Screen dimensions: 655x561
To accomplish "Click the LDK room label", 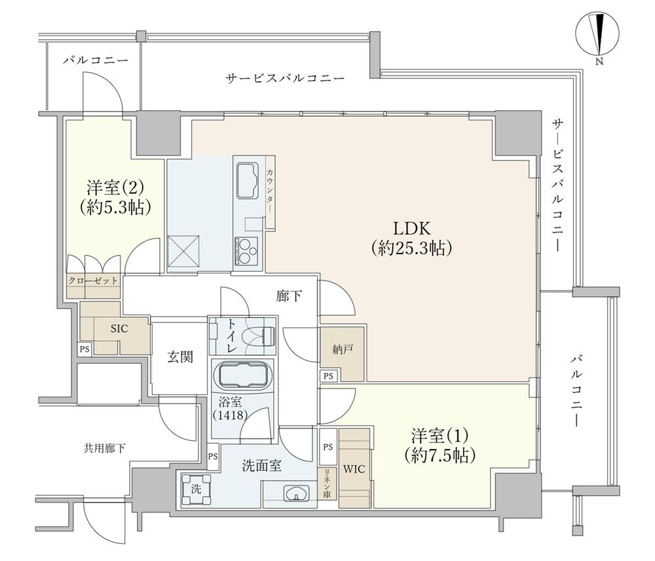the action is coord(411,229).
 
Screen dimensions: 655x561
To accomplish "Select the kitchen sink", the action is coord(247,180).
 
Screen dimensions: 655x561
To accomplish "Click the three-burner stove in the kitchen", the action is coord(246,250).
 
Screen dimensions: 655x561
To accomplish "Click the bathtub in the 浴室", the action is coord(242,376).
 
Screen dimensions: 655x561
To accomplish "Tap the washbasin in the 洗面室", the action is coord(296,493).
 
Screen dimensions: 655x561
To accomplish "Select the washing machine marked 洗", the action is coord(196,490).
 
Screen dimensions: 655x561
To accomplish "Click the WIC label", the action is coord(354,469).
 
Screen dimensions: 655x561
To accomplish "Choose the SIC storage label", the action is coord(119,329).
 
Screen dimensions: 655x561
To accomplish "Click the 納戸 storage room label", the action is coord(341,349).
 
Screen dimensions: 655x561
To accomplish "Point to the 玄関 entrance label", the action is coord(181,357).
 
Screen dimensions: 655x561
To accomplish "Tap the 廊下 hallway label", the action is coord(289,296).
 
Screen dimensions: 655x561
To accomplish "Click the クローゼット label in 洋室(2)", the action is coord(93,280).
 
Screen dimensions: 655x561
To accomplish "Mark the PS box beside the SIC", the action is coord(84,349).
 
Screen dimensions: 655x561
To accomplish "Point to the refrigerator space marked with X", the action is coord(183,251).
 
